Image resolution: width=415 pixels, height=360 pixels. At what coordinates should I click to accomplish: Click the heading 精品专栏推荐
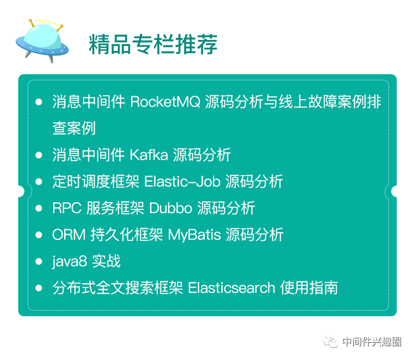[153, 44]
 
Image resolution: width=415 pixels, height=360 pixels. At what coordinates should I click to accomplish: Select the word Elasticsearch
[231, 288]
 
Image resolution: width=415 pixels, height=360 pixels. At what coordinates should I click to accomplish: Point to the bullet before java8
[39, 261]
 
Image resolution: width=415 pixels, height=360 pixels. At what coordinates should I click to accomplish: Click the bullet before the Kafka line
[39, 155]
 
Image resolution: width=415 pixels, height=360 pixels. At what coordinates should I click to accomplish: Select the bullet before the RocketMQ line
[39, 102]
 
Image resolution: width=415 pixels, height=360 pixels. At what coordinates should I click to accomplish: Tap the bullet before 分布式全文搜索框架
[39, 288]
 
